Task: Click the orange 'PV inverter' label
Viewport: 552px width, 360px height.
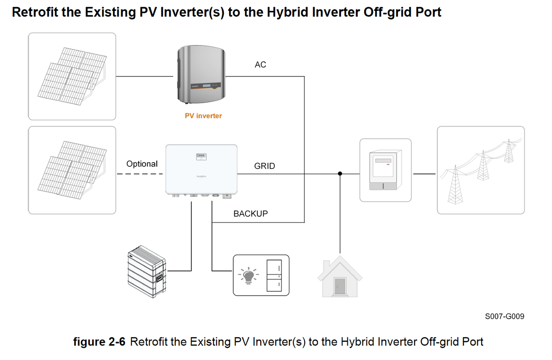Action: pyautogui.click(x=203, y=116)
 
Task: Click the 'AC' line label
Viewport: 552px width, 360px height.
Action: pyautogui.click(x=261, y=65)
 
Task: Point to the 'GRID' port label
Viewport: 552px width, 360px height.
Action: pyautogui.click(x=265, y=166)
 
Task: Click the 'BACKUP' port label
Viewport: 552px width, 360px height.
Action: pyautogui.click(x=251, y=213)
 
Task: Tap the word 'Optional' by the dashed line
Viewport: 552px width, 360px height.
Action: pyautogui.click(x=142, y=164)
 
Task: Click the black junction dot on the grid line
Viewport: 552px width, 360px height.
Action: pyautogui.click(x=340, y=174)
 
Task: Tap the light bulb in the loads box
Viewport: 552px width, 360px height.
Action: pyautogui.click(x=249, y=276)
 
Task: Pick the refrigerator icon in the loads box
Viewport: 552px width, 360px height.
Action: pyautogui.click(x=274, y=276)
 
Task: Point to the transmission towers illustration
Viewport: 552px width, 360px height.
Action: pyautogui.click(x=481, y=170)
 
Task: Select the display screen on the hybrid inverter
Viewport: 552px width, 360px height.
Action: pyautogui.click(x=201, y=155)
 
